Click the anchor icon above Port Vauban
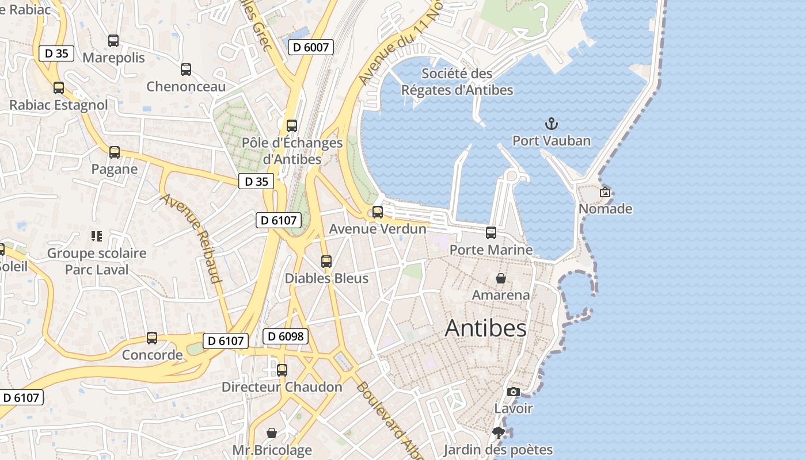pyautogui.click(x=552, y=124)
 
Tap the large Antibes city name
pyautogui.click(x=485, y=328)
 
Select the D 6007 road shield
pyautogui.click(x=311, y=47)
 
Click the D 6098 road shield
pyautogui.click(x=286, y=336)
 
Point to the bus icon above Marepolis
pyautogui.click(x=113, y=41)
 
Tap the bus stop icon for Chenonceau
pyautogui.click(x=186, y=70)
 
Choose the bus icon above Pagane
pyautogui.click(x=115, y=152)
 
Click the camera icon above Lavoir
pyautogui.click(x=513, y=392)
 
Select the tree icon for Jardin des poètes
pyautogui.click(x=499, y=433)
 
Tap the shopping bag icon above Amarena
pyautogui.click(x=501, y=278)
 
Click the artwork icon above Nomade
pyautogui.click(x=605, y=192)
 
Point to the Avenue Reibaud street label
pyautogui.click(x=191, y=238)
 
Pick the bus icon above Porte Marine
pyautogui.click(x=491, y=233)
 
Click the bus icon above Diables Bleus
pyautogui.click(x=326, y=262)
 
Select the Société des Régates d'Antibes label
pyautogui.click(x=457, y=82)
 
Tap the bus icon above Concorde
pyautogui.click(x=152, y=338)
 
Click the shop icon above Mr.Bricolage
pyautogui.click(x=272, y=433)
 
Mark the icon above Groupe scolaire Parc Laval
pyautogui.click(x=97, y=236)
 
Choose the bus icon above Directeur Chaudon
pyautogui.click(x=282, y=370)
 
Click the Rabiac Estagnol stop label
pyautogui.click(x=59, y=105)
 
